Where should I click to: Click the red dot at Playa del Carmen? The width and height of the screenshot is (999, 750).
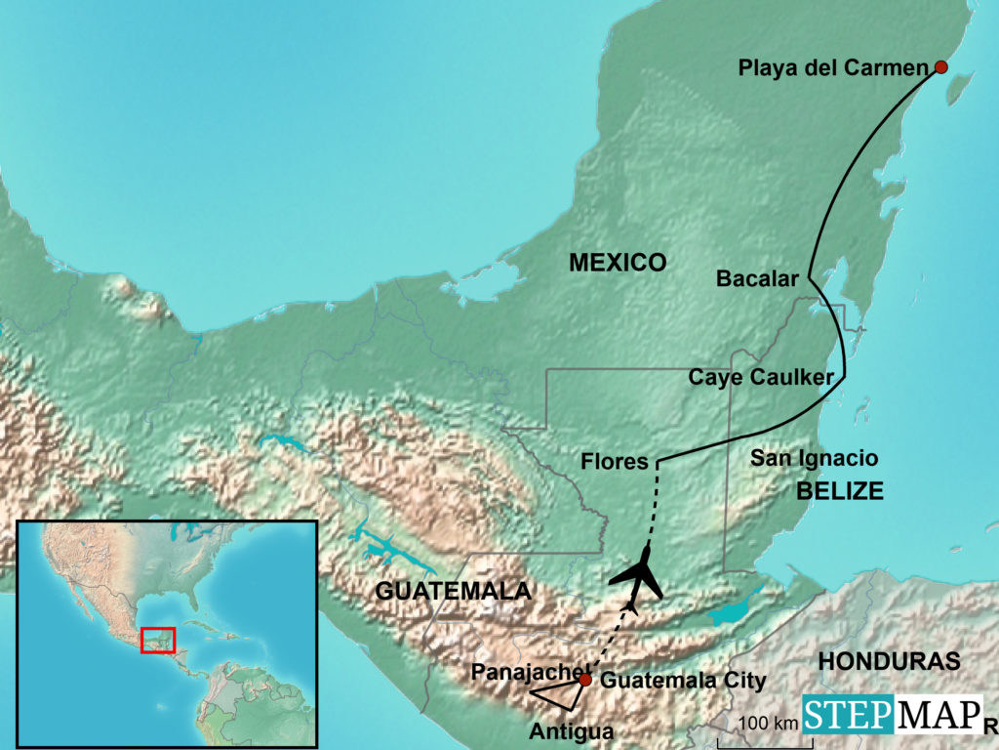[940, 67]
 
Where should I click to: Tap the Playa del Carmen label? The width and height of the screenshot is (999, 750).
[831, 68]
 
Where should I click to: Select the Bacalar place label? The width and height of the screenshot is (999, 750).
[758, 279]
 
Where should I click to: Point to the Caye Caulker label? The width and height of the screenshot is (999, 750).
[761, 377]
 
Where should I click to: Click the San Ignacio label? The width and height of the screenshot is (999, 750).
[814, 458]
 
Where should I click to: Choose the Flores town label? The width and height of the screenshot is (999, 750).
[615, 461]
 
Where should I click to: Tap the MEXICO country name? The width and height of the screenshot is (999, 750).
[618, 262]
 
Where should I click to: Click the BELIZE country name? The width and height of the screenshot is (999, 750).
[840, 491]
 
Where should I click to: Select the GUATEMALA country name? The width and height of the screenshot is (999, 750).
[453, 591]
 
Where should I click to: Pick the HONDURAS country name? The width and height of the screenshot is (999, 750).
[889, 661]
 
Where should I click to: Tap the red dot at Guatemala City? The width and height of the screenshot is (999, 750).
[584, 680]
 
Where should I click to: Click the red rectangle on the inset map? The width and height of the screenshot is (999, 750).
[157, 640]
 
